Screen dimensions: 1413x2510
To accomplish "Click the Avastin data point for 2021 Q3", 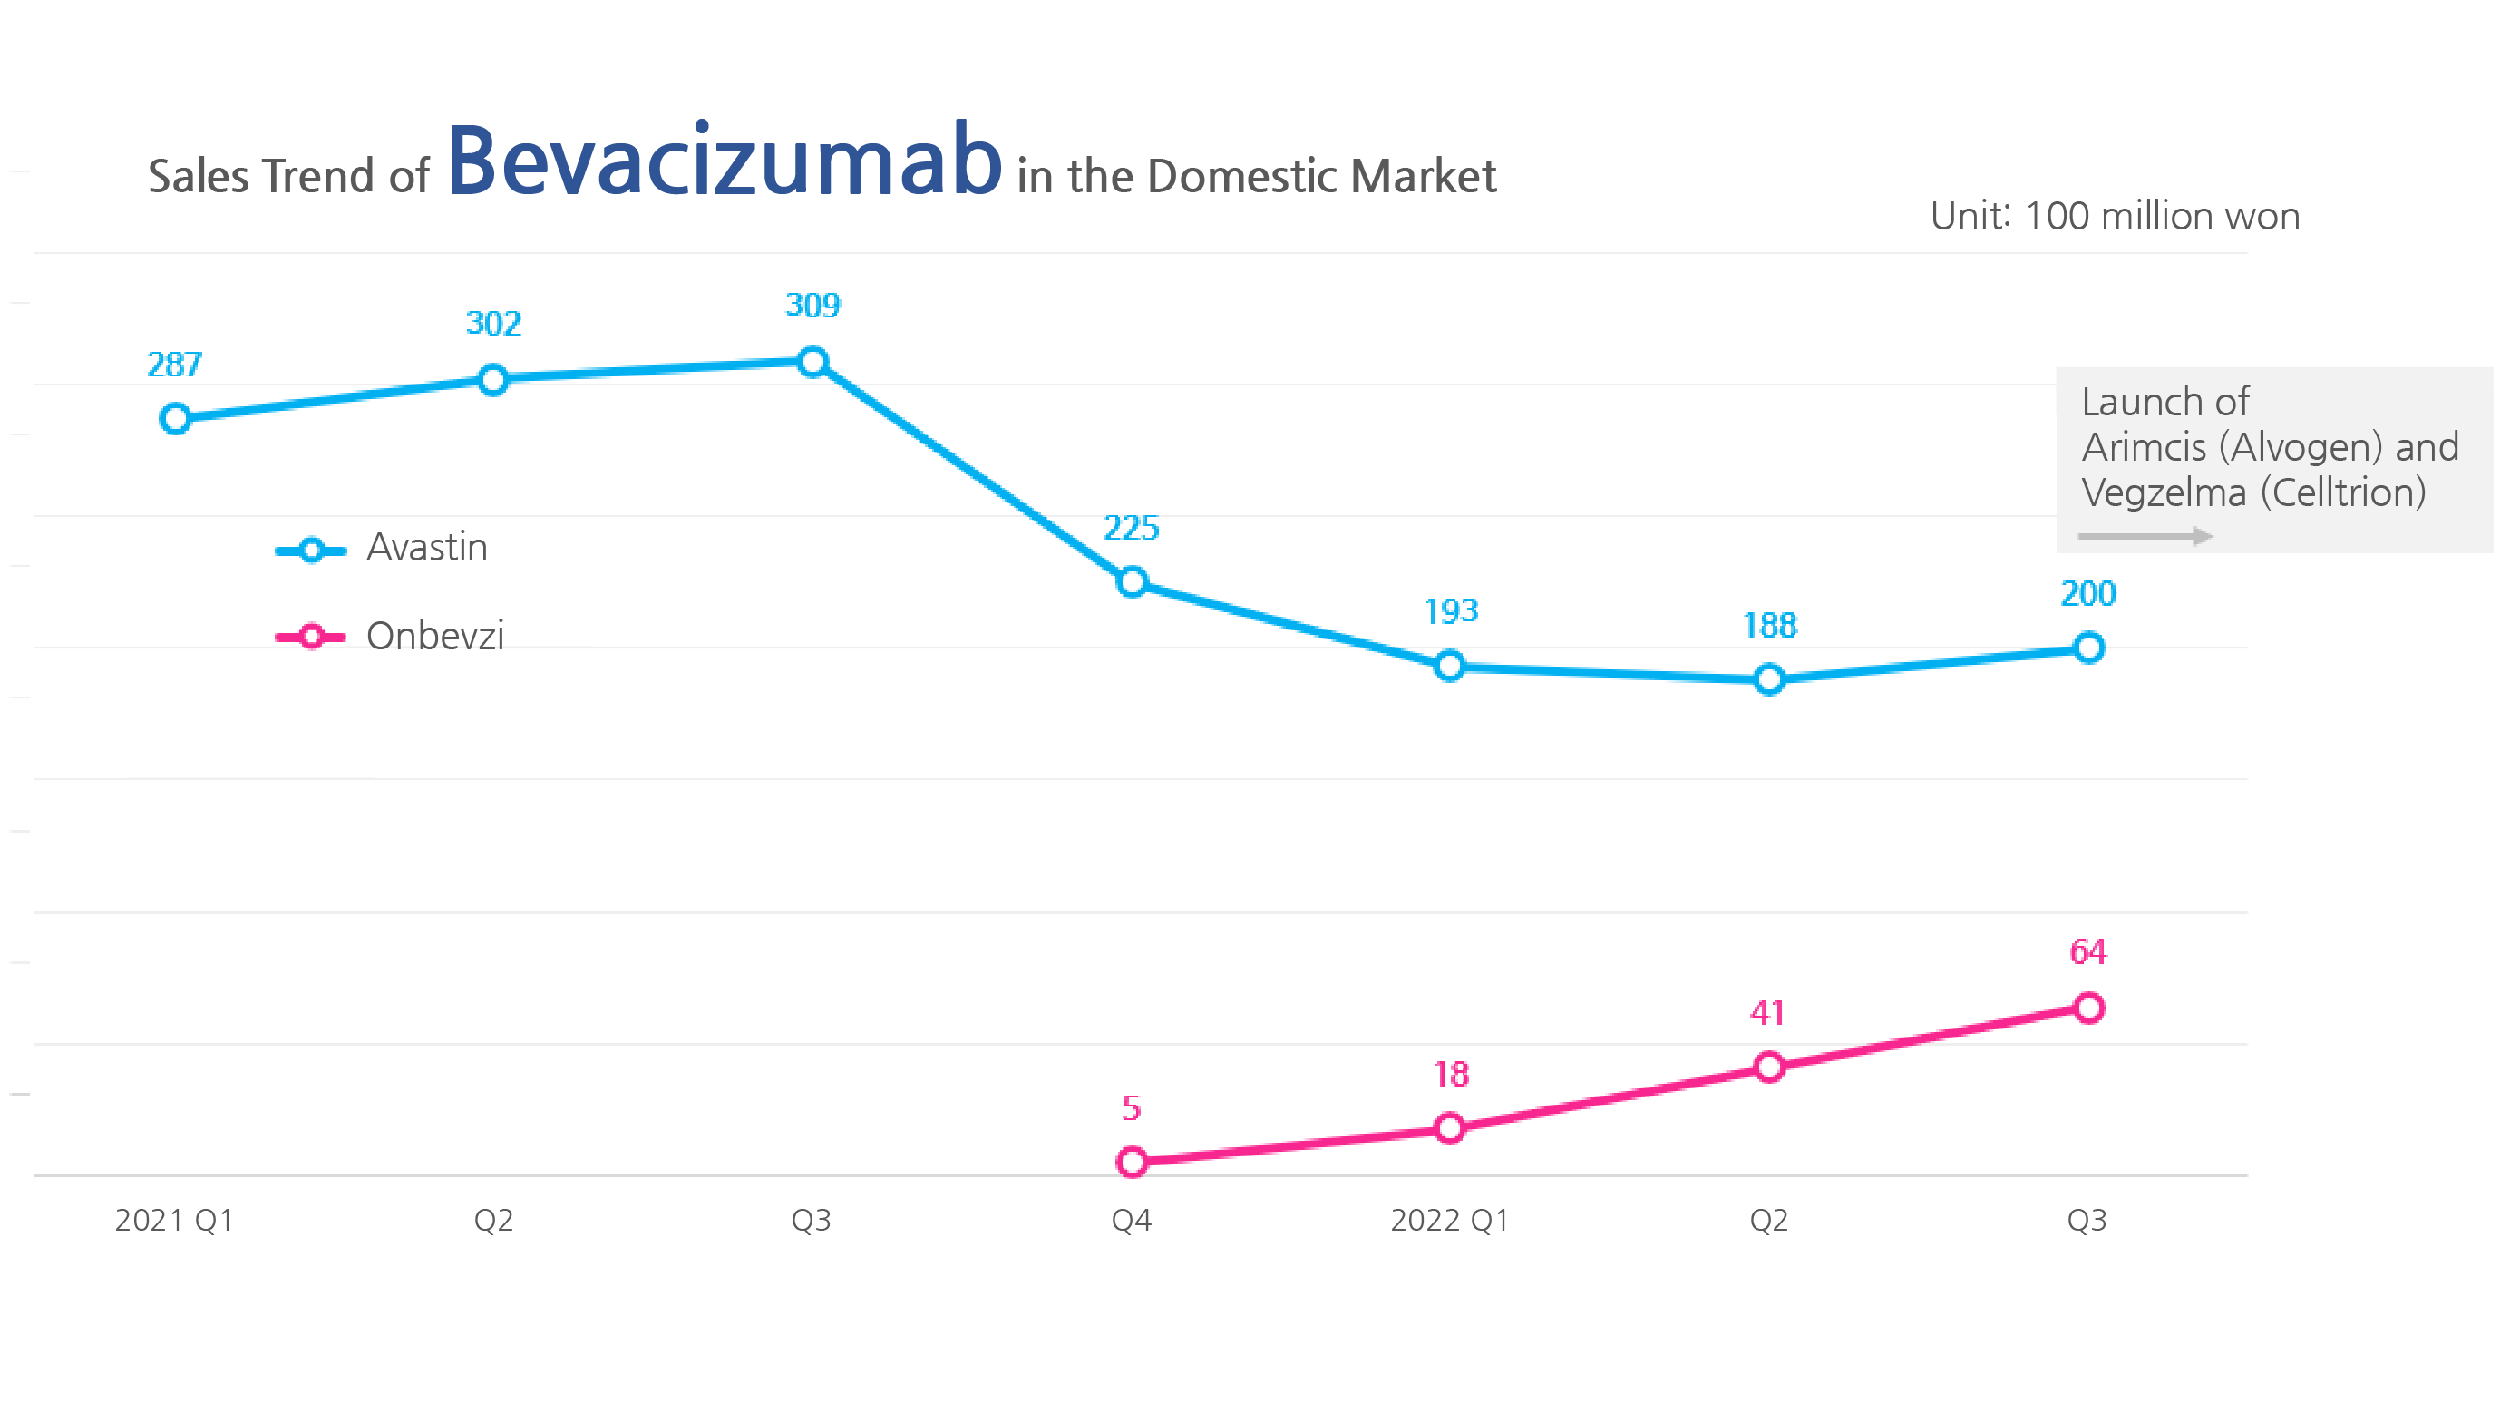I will (812, 363).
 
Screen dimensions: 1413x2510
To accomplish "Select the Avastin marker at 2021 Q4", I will (1132, 583).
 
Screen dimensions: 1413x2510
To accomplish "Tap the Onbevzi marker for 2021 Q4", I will (1132, 1162).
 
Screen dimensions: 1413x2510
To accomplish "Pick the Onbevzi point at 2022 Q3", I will (2088, 1008).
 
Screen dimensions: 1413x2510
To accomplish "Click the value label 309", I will (812, 306).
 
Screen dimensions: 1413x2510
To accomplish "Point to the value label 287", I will (174, 365).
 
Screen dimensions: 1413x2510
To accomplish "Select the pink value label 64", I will (2087, 952).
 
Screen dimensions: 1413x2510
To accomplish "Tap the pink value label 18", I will (1451, 1075).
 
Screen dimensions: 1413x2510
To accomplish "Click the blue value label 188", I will (1769, 626).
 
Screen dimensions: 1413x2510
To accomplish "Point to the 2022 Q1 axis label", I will (1449, 1220).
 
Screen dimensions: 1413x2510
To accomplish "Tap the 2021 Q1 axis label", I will (174, 1220).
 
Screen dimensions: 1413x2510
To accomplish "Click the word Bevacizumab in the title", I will (724, 161).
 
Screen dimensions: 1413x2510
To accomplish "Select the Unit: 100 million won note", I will (2115, 217).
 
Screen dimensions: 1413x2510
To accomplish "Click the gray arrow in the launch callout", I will (2144, 536).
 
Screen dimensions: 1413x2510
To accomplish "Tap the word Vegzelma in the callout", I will (2163, 493).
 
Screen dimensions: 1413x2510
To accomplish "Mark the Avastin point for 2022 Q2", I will (1769, 679).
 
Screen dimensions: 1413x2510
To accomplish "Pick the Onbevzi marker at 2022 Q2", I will (1769, 1067).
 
